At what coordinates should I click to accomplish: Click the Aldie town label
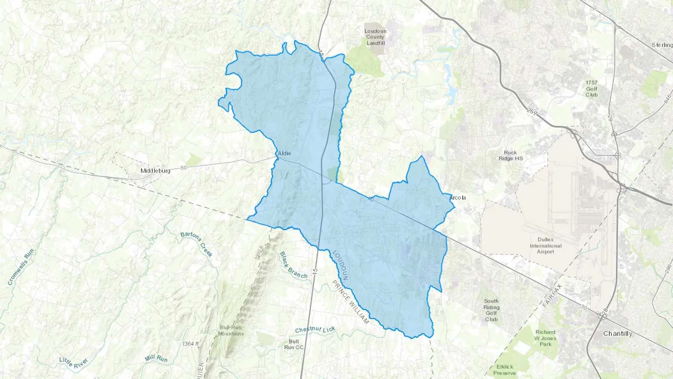(284, 153)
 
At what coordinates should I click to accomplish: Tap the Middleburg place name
(155, 171)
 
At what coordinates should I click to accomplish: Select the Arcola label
(458, 198)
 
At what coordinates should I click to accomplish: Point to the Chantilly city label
(618, 333)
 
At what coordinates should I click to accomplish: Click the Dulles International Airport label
(546, 245)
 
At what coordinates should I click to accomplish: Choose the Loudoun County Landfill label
(375, 37)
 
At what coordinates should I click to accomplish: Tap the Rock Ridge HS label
(510, 155)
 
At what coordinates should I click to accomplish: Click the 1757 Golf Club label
(591, 89)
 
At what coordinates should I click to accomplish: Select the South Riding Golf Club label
(491, 310)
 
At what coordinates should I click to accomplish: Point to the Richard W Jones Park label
(545, 338)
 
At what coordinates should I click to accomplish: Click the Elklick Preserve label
(505, 370)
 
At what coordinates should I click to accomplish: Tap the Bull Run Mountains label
(231, 330)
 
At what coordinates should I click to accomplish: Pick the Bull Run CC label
(294, 344)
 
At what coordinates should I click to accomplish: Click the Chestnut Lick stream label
(315, 329)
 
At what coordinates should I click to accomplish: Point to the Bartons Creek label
(197, 244)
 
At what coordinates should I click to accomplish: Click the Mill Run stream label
(156, 358)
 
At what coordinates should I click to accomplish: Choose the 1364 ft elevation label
(190, 343)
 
